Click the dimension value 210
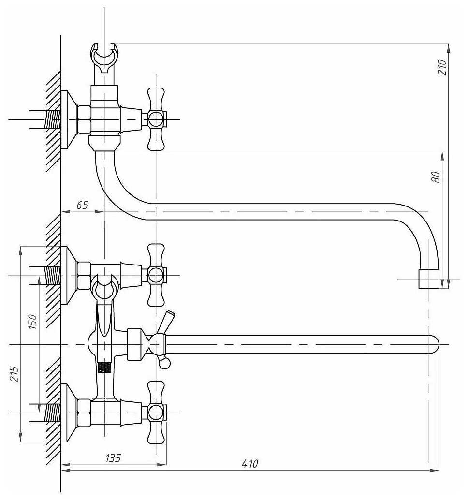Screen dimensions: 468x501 point(442,67)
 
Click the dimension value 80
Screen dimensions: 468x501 point(436,177)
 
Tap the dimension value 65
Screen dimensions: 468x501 point(82,205)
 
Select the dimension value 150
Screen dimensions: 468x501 point(32,322)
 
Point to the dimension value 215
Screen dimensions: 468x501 point(15,373)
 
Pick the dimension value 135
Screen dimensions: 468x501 point(113,458)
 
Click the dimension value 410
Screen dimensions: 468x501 point(249,464)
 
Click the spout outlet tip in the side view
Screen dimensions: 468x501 point(429,279)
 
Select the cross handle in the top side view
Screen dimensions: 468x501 point(156,119)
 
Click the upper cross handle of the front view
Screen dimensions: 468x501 point(156,275)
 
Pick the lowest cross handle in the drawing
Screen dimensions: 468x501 point(156,413)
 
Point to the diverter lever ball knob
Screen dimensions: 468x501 point(164,363)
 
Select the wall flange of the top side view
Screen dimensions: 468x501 point(68,119)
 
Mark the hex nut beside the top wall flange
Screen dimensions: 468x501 point(84,119)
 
